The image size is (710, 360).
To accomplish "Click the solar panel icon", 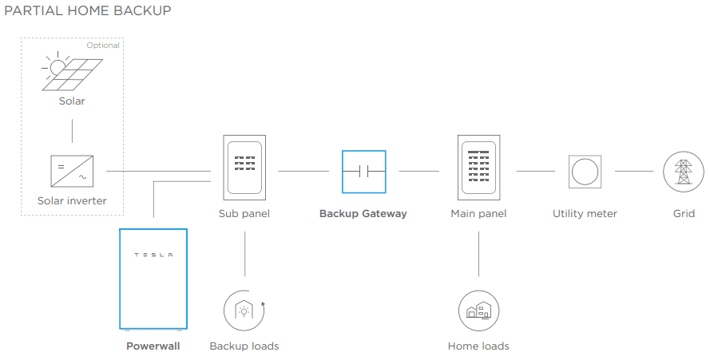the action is (72, 72).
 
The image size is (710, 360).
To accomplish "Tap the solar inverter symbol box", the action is (72, 171).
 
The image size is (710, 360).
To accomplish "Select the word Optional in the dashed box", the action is (103, 45).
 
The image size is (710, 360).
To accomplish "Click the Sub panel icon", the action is (244, 168).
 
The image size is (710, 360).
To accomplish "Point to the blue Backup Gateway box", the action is (364, 172).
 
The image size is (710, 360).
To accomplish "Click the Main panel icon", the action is (478, 168).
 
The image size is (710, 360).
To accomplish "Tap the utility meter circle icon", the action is (585, 172).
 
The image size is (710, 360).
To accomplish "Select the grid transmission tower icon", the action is (684, 172).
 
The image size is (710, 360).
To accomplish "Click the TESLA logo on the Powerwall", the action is (153, 255).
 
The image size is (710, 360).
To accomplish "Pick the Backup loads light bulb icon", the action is (244, 311).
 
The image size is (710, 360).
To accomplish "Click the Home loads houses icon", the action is (478, 311).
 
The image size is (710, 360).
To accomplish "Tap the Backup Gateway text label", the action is (363, 214).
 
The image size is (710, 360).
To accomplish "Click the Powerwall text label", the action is (153, 346).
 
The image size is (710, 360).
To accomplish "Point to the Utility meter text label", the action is (585, 214).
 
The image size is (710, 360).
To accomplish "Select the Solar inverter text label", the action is (72, 200).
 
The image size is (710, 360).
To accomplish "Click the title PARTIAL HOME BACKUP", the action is (87, 10).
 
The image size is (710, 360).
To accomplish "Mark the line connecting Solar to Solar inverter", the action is (72, 131).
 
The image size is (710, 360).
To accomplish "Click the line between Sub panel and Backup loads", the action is (245, 254).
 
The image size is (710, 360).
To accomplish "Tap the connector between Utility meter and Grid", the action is (634, 171).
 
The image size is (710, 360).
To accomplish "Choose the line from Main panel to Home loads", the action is (478, 254).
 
